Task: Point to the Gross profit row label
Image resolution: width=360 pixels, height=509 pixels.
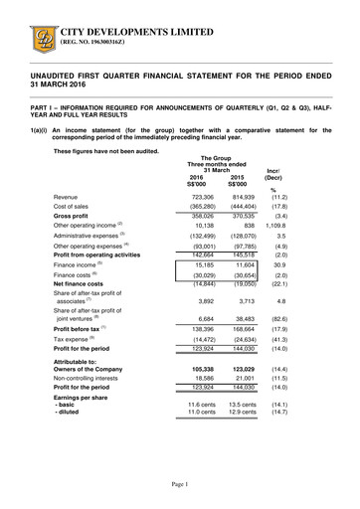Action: (76, 214)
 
